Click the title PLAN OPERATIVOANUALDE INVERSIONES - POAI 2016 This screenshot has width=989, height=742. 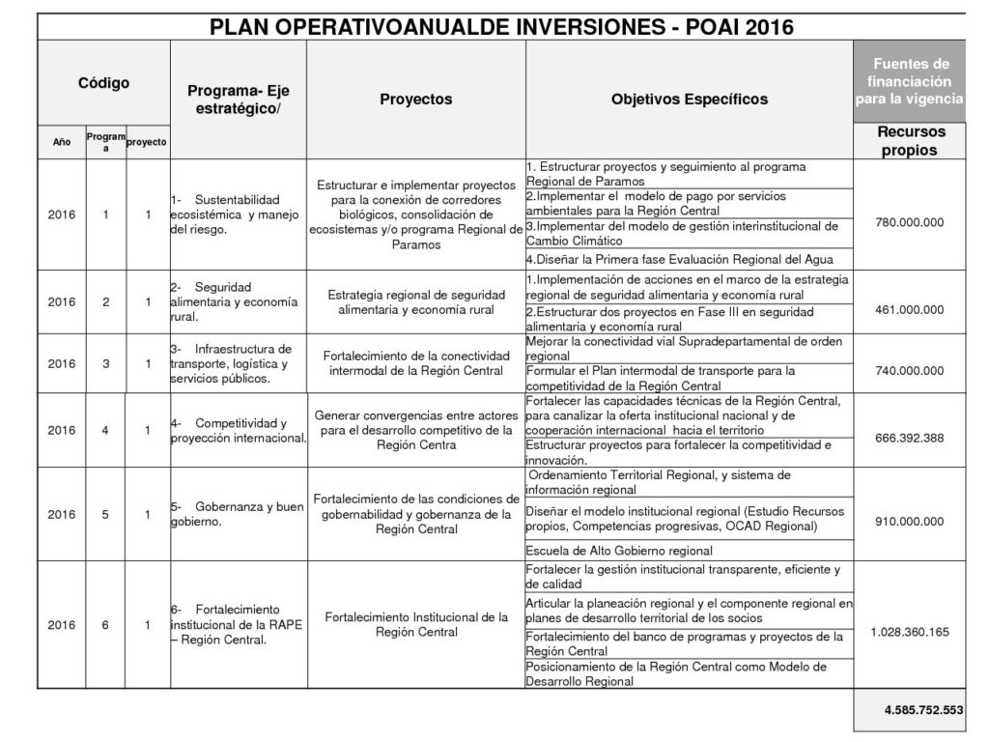coord(501,26)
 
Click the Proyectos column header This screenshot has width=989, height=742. coord(415,100)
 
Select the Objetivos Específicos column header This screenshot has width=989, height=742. coord(690,100)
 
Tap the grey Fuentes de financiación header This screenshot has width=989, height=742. coord(908,81)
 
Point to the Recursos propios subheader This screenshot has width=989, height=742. coord(910,141)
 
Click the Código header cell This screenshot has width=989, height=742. coord(103,83)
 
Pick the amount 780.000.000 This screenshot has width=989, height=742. coord(910,222)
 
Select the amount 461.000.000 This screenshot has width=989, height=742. coord(910,310)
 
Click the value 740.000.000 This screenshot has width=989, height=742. coord(910,370)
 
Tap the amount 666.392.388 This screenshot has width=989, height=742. coord(910,438)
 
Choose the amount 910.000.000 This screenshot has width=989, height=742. coord(910,522)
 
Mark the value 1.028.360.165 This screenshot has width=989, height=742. coord(910,632)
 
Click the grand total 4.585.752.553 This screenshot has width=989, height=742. coord(923,710)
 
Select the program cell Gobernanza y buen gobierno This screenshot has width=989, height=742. coord(237,514)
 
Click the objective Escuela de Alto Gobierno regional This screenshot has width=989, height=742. coord(619,551)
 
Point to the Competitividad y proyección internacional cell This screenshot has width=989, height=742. coord(238,431)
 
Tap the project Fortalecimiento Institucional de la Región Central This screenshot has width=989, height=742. coord(416,624)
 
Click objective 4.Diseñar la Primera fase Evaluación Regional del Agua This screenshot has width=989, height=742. coord(679,259)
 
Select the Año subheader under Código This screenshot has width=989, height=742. coord(61,142)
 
